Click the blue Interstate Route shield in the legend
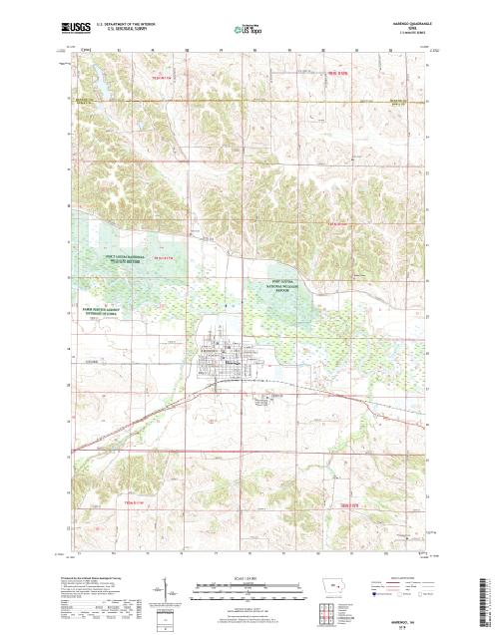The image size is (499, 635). pos(374,595)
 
